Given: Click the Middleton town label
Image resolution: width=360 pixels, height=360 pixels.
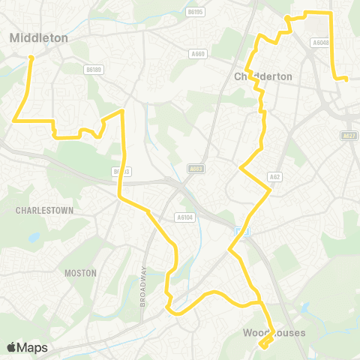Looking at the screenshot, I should [39, 37].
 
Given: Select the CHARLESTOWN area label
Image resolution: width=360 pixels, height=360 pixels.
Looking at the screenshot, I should [44, 211].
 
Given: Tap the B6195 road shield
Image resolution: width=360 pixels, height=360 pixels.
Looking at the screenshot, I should [196, 12].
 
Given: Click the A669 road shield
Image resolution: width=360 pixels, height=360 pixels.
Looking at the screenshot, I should [198, 54].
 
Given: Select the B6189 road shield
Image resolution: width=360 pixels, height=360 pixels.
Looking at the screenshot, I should [93, 69].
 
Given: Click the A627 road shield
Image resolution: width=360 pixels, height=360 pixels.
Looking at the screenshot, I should [348, 136].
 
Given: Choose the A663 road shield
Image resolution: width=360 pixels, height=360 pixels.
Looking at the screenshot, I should [196, 169].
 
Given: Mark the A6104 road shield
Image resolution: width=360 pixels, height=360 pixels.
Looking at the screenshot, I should [184, 217].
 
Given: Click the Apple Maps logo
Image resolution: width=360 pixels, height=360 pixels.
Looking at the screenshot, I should [28, 347].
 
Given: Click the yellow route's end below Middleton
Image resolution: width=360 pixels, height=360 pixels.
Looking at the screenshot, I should [31, 57].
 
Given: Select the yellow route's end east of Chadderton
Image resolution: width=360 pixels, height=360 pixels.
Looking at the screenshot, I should [346, 78].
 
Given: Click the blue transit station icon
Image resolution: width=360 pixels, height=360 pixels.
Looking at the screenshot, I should [240, 231].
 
